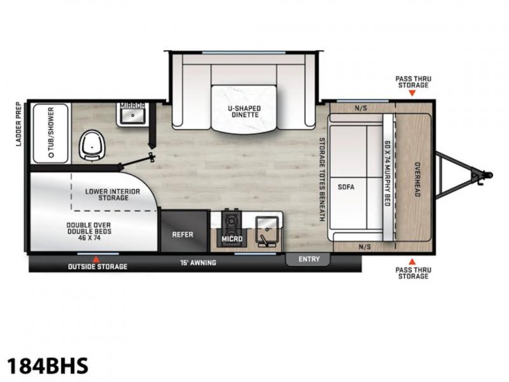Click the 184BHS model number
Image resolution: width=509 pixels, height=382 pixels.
click(x=48, y=365)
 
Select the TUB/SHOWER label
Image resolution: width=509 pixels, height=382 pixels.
click(x=51, y=132)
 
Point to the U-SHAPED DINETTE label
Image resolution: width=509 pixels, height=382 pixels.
click(x=245, y=111)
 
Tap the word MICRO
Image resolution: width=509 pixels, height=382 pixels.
click(x=232, y=239)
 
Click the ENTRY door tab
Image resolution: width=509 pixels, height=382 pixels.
click(x=308, y=259)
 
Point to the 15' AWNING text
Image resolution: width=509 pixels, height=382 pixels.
click(x=198, y=262)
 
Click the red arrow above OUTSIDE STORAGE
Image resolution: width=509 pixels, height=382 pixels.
click(x=97, y=259)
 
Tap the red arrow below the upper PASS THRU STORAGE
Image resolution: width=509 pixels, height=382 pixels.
click(x=412, y=93)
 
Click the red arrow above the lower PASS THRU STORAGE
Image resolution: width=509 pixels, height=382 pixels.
click(x=412, y=262)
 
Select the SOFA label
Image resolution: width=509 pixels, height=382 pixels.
click(x=346, y=187)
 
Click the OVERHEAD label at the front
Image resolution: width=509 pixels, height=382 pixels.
click(x=417, y=180)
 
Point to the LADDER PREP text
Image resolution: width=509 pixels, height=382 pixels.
click(x=18, y=124)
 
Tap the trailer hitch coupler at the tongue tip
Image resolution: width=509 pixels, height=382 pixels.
click(x=485, y=175)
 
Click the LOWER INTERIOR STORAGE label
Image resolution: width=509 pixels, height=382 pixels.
click(x=113, y=195)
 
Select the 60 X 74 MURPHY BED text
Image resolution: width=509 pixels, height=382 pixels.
click(x=387, y=173)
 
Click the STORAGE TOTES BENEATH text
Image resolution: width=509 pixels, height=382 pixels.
click(x=322, y=180)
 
